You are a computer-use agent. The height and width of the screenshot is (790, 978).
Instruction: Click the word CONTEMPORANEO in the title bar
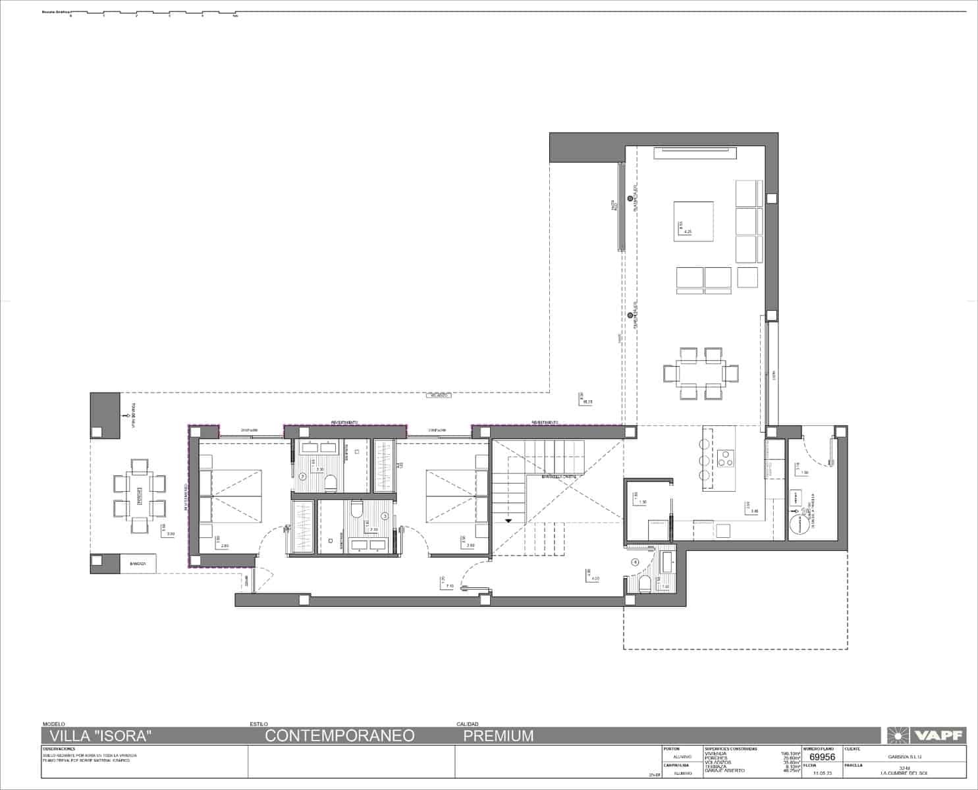(340, 735)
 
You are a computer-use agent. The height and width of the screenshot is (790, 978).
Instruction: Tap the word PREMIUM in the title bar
(498, 735)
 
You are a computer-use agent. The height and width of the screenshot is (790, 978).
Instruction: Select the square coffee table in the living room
(693, 222)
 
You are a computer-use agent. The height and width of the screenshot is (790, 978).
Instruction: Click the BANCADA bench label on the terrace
(138, 564)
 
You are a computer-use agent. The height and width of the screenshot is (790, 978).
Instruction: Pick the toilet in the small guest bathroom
(645, 583)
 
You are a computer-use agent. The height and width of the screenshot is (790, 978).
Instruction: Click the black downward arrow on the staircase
(508, 520)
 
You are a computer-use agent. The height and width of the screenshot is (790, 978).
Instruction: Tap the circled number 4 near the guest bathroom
(635, 562)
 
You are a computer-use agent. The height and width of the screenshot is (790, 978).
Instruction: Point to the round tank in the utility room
(799, 525)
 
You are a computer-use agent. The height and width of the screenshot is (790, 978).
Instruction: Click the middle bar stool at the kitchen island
(704, 458)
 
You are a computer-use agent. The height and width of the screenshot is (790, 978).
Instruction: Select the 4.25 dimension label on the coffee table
(688, 232)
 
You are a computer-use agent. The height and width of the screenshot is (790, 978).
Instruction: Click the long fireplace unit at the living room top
(695, 153)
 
